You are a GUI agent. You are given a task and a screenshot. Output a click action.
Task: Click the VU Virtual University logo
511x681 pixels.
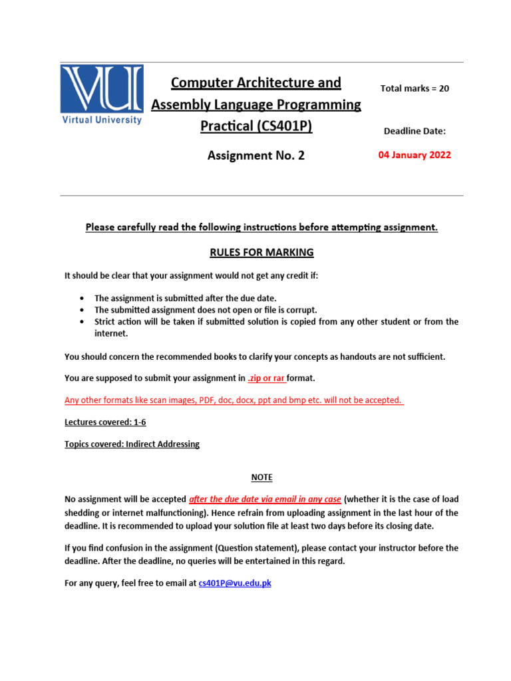[x=102, y=94]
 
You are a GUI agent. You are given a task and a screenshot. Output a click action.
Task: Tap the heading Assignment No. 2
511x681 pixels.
[x=256, y=156]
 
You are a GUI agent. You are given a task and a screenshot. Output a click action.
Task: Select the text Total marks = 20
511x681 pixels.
[x=414, y=88]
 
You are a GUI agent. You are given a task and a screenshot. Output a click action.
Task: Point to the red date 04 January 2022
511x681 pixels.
[x=414, y=155]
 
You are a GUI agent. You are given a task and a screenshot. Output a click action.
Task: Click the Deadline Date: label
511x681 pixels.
[x=415, y=131]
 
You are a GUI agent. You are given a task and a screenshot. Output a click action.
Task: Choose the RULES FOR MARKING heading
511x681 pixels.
[x=261, y=252]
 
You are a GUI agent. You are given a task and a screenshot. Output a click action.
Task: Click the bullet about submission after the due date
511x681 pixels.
[x=185, y=299]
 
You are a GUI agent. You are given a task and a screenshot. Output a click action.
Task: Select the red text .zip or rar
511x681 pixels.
[x=266, y=378]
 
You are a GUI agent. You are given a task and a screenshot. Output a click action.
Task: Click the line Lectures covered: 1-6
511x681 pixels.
[x=105, y=422]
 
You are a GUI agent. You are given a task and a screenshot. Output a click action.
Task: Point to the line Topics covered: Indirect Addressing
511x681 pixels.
[x=132, y=444]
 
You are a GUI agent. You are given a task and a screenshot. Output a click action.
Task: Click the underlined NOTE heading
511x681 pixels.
[x=261, y=477]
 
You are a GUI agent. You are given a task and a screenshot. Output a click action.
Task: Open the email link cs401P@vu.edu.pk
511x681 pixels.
[x=235, y=583]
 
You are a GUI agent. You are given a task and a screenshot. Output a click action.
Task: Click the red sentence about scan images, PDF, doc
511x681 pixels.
[x=234, y=400]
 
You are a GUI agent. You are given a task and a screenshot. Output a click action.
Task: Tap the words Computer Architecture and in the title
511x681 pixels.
[x=256, y=82]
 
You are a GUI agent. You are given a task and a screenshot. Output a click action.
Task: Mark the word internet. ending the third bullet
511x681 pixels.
[x=111, y=334]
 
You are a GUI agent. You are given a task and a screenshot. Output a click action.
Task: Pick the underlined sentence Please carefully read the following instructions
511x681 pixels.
[x=261, y=227]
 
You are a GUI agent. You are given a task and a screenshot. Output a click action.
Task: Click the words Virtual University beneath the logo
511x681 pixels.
[x=102, y=120]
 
